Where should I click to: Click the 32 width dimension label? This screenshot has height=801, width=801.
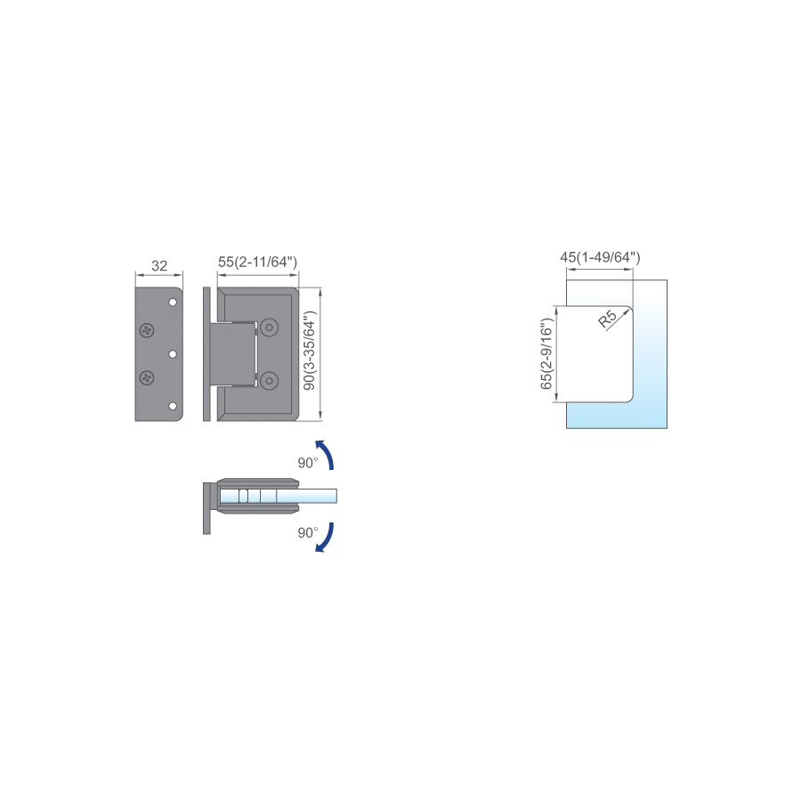pos(159,265)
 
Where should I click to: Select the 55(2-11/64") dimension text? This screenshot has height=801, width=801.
pos(257,262)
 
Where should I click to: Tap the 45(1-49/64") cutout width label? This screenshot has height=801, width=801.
pos(600,257)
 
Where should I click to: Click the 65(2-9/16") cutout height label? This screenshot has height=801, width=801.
pos(546,353)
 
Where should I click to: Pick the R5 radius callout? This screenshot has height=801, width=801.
pos(607,319)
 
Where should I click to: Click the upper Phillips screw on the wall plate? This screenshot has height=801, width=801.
pos(147,330)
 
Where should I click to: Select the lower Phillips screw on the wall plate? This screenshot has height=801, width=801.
pos(147,378)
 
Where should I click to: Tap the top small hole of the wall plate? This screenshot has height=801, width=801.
pos(173,303)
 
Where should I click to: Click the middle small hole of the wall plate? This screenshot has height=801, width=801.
pos(173,354)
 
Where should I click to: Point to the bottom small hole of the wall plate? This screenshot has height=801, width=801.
pos(173,406)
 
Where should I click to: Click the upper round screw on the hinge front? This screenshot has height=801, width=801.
pos(269,328)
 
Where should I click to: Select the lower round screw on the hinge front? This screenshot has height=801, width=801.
pos(269,381)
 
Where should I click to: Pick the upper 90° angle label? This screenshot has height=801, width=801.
pos(308,463)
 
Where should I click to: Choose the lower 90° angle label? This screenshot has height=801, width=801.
pos(308,533)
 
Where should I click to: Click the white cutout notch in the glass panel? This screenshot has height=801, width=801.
pos(594,354)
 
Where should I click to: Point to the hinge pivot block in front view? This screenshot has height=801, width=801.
pos(233,354)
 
